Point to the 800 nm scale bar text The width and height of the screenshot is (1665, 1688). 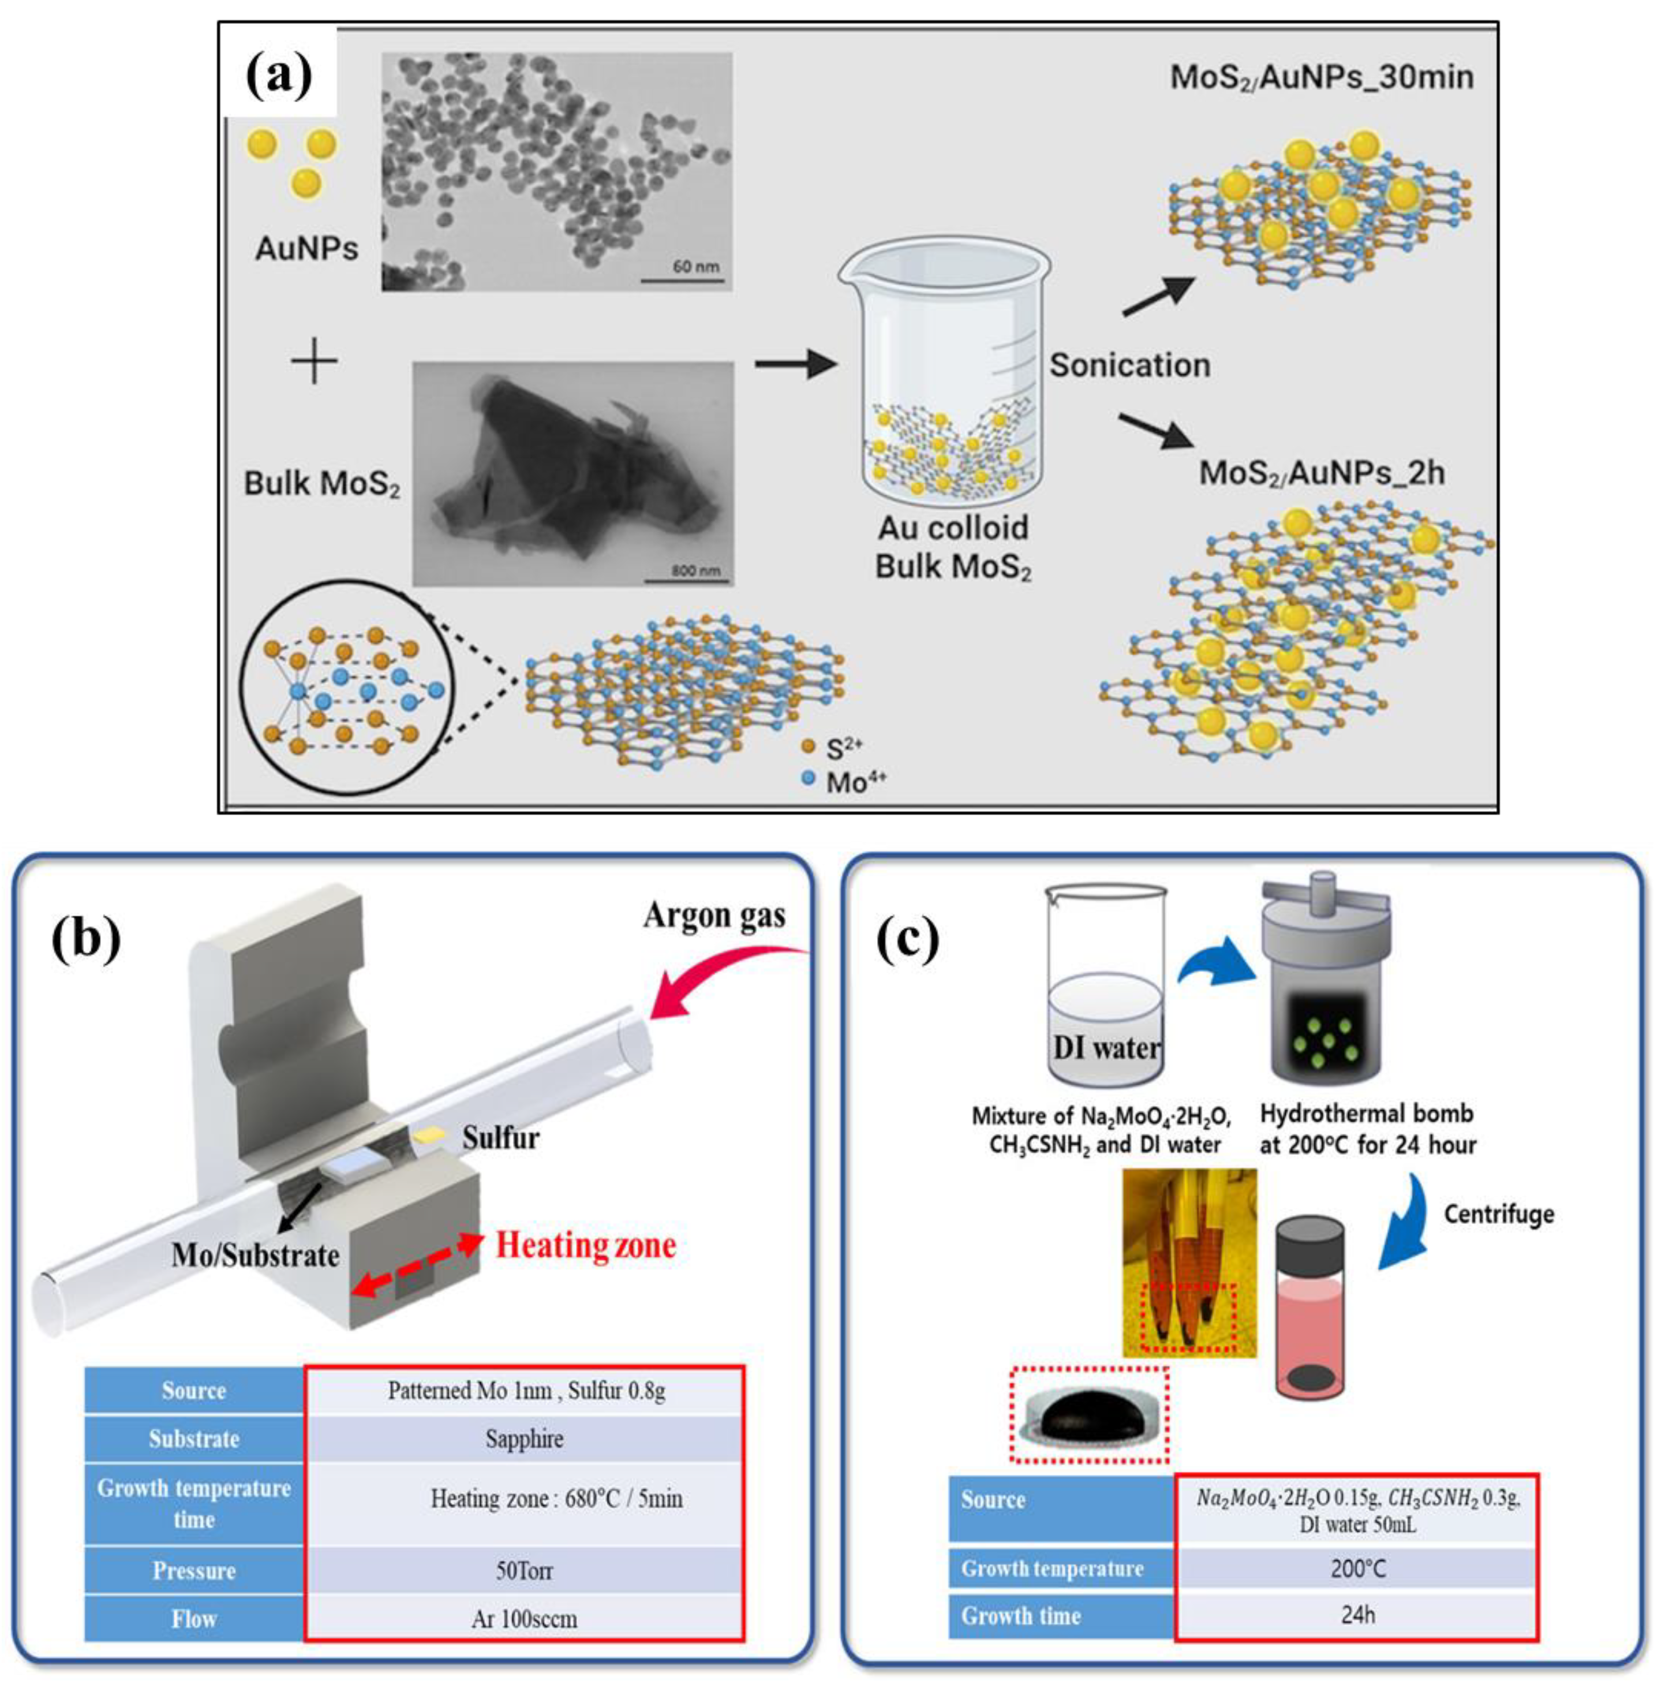[x=695, y=570]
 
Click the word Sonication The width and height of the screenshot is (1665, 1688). [x=1129, y=365]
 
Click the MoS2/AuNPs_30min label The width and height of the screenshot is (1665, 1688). [x=1321, y=77]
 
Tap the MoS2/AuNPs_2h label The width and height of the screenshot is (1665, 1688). [x=1321, y=473]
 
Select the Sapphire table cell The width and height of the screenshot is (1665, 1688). [x=524, y=1438]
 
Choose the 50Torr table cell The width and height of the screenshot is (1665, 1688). [x=524, y=1571]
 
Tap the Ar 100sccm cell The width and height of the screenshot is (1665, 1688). [x=524, y=1619]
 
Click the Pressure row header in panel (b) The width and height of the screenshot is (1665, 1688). [x=194, y=1571]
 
